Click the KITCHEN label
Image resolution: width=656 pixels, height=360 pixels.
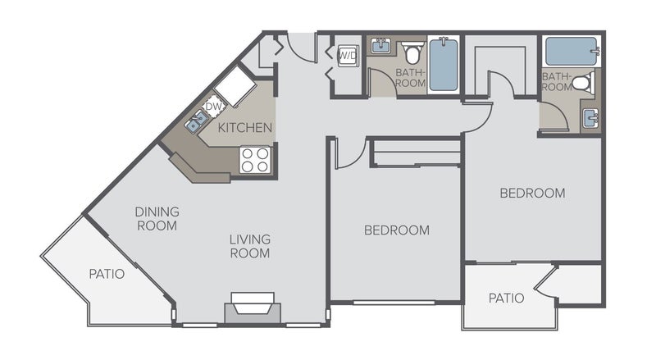pos(244,127)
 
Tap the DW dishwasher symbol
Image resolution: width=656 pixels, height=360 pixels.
pos(213,107)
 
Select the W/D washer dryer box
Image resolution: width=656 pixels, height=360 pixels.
pos(348,56)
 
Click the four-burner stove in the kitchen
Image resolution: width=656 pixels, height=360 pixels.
pos(255,160)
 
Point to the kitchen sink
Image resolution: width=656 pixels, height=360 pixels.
pos(197,122)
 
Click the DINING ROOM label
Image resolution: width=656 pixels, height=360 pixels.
pos(157,218)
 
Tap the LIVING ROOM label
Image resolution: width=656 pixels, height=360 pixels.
pos(250,246)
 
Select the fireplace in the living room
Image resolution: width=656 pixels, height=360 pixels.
pos(253,308)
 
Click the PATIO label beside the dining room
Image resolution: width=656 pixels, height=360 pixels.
pos(107,274)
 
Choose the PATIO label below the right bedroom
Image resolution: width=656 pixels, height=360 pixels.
pos(506,298)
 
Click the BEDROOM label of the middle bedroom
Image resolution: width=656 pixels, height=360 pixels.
pos(397,230)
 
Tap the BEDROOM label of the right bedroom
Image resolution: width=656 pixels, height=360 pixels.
pos(532,193)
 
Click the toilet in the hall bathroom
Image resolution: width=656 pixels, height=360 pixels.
pos(413,52)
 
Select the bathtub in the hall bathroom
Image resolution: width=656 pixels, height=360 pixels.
pos(444,64)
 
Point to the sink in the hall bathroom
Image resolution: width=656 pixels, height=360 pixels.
pos(381,46)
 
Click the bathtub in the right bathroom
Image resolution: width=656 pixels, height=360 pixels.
pos(572,52)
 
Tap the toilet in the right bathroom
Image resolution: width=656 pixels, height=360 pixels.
pos(584,82)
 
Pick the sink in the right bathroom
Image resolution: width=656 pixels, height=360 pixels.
pos(590,118)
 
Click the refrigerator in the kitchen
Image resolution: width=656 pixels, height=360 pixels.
pos(235,87)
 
